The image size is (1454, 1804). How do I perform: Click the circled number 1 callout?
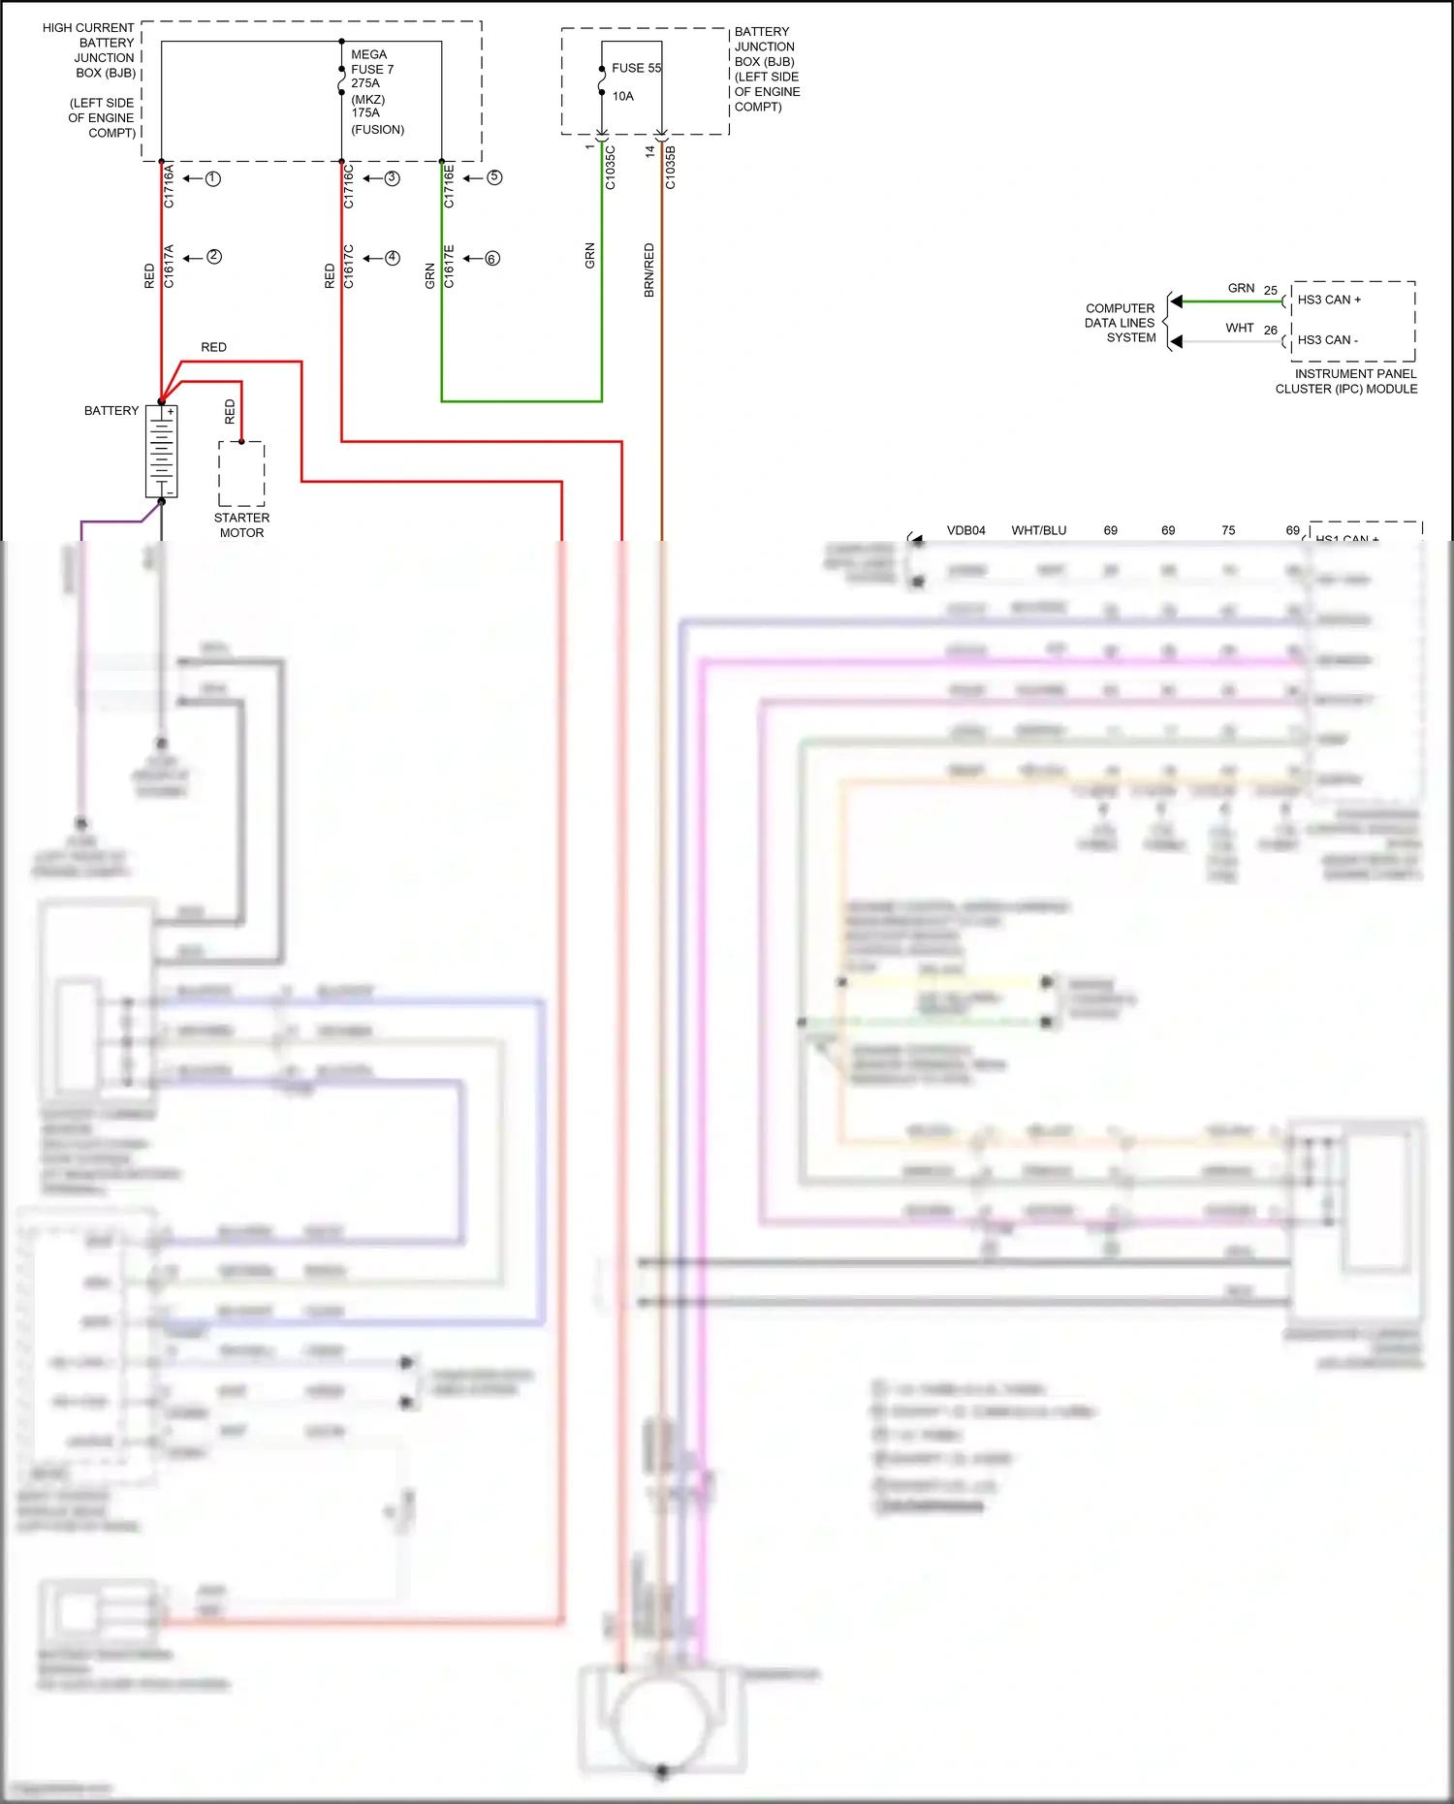click(213, 178)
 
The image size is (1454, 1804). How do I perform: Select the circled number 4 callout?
click(393, 258)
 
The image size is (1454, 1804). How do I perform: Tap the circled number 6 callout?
click(492, 259)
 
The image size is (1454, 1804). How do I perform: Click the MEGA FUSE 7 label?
click(371, 62)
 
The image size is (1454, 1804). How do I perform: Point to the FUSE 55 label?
click(636, 68)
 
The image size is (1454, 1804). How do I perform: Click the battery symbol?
click(161, 451)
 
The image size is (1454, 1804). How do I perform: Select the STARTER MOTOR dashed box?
click(241, 474)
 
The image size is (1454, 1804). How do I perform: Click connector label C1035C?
click(610, 167)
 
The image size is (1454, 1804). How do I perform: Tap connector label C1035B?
click(670, 167)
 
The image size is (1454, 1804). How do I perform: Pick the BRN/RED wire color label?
click(648, 269)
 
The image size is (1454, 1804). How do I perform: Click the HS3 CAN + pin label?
click(1329, 300)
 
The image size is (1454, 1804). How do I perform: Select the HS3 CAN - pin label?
click(1327, 340)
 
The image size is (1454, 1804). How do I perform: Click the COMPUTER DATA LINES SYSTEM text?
click(1121, 323)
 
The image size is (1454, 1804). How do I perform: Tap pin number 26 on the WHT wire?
click(1270, 331)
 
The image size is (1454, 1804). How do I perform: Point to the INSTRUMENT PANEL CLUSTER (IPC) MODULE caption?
click(1347, 381)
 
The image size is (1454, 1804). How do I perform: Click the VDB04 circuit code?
click(965, 530)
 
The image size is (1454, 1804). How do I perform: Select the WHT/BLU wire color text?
click(1038, 530)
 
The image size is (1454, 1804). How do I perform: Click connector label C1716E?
click(449, 186)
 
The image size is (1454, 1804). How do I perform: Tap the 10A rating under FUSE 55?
click(622, 96)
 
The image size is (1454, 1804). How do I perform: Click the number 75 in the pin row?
click(1228, 530)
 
